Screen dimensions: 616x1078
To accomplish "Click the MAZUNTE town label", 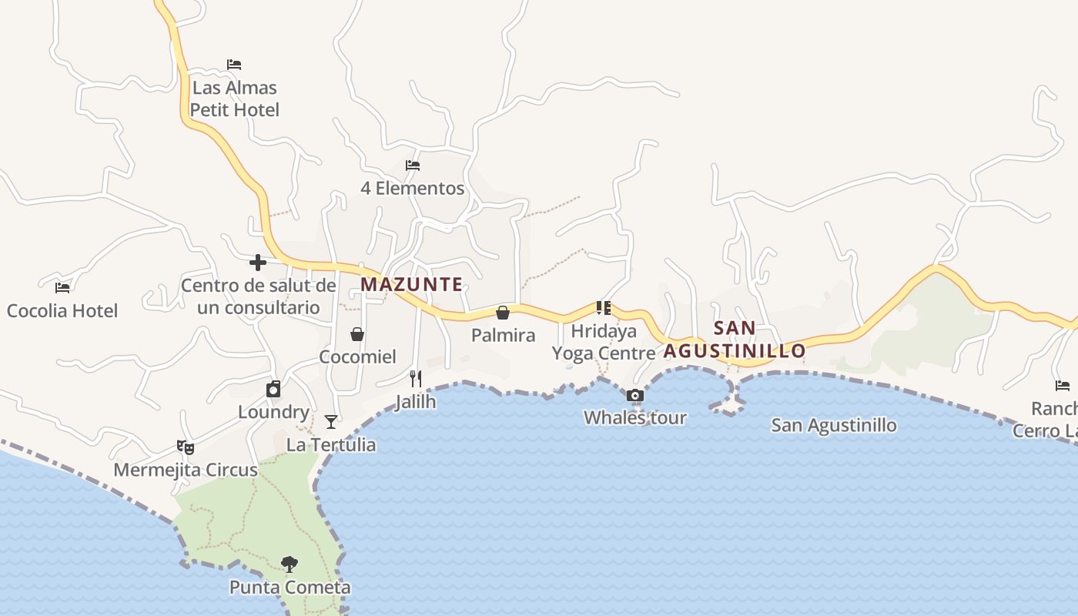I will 411,284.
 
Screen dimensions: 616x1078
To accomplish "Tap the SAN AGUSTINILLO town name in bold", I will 735,340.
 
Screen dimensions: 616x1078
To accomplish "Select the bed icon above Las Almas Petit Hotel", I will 234,65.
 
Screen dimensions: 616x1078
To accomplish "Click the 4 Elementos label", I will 413,188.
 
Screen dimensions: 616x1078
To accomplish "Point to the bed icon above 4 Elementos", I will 413,166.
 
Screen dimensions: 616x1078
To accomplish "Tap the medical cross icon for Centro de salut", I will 258,263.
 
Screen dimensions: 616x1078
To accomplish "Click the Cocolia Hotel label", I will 62,310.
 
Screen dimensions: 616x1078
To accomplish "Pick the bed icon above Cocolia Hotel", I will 62,288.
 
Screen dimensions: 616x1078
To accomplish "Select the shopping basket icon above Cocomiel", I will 357,334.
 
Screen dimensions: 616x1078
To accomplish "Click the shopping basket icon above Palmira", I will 503,313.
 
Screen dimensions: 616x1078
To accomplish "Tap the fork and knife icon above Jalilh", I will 416,378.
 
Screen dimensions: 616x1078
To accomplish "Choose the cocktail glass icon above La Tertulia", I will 331,422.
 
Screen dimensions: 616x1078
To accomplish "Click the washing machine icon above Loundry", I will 273,390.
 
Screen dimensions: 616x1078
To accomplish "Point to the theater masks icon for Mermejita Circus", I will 186,447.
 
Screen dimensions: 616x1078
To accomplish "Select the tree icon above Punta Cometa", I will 290,564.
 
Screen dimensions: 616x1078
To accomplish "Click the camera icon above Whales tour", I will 635,396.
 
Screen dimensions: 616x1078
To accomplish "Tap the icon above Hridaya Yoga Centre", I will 604,308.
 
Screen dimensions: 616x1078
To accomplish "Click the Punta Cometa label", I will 290,588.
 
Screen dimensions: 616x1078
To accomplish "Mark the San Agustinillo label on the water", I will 834,425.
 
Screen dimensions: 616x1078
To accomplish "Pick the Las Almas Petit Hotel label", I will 234,99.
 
